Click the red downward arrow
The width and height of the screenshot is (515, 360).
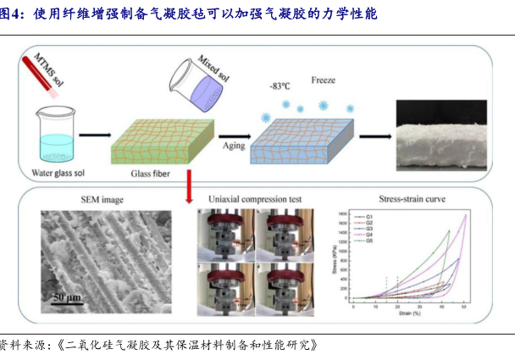pos(188,184)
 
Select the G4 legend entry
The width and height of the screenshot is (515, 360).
pos(370,235)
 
